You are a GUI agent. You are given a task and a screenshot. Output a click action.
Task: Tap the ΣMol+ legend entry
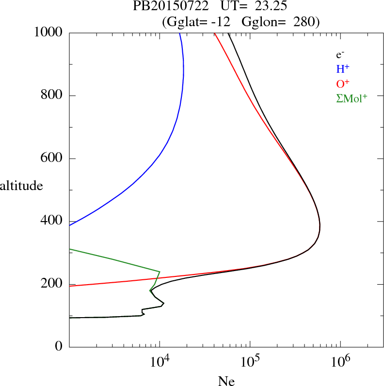(x=352, y=98)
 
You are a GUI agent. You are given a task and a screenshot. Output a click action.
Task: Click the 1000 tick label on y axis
(x=48, y=32)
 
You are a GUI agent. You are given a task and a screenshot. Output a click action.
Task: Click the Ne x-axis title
(x=226, y=382)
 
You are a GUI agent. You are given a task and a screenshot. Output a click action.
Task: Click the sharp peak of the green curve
(x=160, y=272)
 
